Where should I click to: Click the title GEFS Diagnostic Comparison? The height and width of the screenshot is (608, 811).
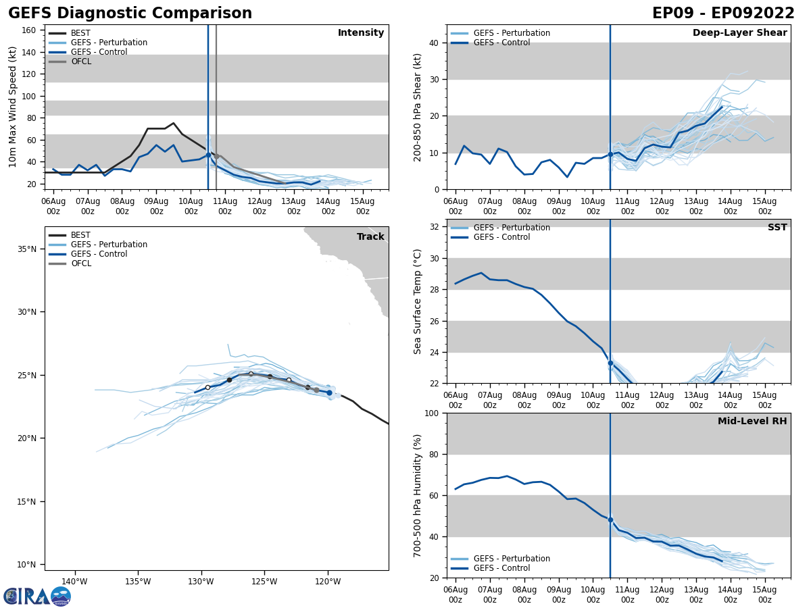[x=130, y=14]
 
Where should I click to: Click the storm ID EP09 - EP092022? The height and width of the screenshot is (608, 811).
[x=723, y=14]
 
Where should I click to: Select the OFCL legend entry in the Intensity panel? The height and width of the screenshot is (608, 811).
[x=80, y=61]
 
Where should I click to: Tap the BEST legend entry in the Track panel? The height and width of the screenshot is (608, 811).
[x=80, y=235]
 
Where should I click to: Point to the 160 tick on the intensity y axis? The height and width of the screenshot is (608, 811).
[x=30, y=30]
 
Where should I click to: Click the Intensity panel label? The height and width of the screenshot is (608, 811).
[x=361, y=33]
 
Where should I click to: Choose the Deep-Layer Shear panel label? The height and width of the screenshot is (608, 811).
[x=739, y=33]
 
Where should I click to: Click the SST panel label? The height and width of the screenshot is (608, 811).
[x=777, y=228]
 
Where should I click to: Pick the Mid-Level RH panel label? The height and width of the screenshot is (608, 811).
[x=752, y=422]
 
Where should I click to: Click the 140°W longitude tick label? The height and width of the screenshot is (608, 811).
[x=74, y=582]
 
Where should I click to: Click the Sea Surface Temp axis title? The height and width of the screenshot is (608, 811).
[x=418, y=301]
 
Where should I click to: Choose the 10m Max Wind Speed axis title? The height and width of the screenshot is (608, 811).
[x=13, y=107]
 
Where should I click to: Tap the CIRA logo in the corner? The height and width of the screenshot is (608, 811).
[x=37, y=597]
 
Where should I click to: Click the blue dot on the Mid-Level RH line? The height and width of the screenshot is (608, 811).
[x=610, y=520]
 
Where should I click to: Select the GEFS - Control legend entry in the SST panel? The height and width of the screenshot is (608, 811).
[x=502, y=237]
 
